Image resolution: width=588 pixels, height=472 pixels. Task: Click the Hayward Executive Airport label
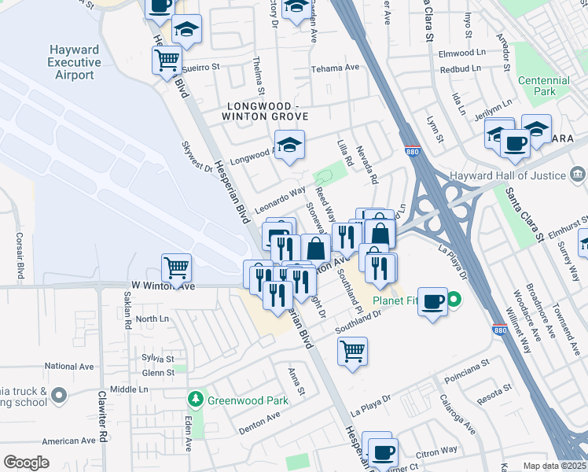[x=74, y=63]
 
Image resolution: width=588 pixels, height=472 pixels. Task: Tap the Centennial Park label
[x=544, y=87]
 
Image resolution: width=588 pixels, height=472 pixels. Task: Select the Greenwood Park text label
[x=248, y=400]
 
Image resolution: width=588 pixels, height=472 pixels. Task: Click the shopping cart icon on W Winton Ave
[x=177, y=267]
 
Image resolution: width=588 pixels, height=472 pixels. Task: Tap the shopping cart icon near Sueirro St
[x=167, y=60]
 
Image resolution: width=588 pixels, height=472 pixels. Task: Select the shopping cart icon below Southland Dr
[x=353, y=349]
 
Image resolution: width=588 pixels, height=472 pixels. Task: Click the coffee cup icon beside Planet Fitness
[x=432, y=302]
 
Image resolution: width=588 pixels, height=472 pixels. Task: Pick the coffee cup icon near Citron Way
[x=383, y=452]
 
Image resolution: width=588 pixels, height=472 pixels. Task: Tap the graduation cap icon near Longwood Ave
[x=289, y=144]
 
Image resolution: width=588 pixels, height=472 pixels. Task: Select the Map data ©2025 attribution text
[x=555, y=466]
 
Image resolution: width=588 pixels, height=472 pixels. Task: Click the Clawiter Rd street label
[x=101, y=418]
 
